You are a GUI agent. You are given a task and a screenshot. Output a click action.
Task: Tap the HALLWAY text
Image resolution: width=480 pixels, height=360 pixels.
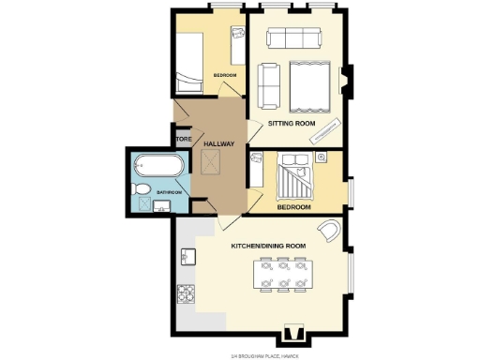tap(218, 143)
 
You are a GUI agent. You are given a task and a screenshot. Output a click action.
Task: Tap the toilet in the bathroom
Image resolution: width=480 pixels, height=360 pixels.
tap(141, 190)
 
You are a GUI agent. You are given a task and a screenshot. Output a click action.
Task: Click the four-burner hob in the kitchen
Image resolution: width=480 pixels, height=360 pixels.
tap(186, 294)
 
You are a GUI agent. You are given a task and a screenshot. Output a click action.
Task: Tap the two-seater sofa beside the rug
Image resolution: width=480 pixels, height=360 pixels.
tap(268, 83)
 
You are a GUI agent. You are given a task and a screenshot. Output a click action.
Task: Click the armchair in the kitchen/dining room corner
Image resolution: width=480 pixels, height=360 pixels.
tap(330, 230)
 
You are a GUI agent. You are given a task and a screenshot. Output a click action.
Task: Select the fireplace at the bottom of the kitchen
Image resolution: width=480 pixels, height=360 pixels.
tap(293, 333)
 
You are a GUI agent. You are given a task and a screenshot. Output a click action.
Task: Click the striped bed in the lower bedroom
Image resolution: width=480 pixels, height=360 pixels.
tap(296, 174)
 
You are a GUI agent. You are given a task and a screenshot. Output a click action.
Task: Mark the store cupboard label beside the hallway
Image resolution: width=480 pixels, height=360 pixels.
tap(183, 140)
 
